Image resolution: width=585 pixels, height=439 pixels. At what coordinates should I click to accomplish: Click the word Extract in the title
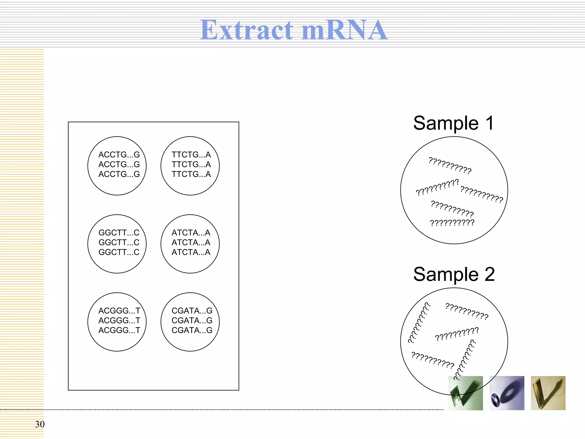click(x=246, y=30)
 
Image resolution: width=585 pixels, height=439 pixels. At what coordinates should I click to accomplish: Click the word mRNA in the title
click(x=344, y=30)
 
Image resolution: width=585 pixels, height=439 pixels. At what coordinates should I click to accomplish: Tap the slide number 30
click(x=40, y=424)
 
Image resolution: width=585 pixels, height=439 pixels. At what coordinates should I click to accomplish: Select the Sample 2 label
click(x=454, y=274)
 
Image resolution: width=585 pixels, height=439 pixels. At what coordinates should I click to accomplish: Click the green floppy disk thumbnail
click(x=466, y=393)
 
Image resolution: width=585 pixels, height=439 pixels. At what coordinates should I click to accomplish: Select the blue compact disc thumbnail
click(x=507, y=393)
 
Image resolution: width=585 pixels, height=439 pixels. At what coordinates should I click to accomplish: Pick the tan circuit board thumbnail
click(x=548, y=393)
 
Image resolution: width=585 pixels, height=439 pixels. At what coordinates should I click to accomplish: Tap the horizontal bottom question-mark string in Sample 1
click(x=452, y=223)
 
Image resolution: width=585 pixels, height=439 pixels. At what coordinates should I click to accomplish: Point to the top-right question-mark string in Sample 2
click(x=467, y=311)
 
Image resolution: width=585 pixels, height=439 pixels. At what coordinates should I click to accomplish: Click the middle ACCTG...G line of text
click(x=119, y=164)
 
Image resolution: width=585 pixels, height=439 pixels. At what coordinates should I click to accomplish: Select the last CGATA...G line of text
click(x=192, y=330)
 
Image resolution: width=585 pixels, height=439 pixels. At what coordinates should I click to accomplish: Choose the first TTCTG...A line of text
click(x=191, y=155)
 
